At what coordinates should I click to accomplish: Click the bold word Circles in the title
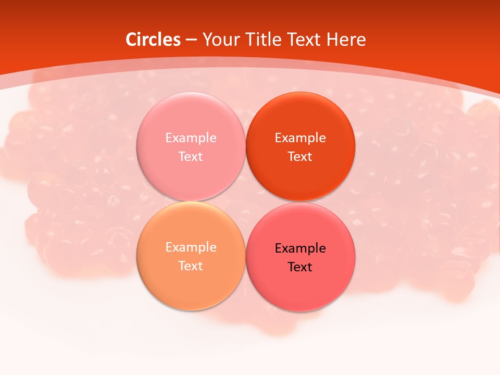point(153,40)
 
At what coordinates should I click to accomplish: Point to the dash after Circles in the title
point(191,40)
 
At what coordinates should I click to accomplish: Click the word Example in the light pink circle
point(191,138)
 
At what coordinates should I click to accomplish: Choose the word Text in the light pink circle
point(191,157)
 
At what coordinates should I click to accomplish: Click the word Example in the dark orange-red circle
point(300,138)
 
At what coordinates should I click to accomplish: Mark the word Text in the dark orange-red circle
point(300,157)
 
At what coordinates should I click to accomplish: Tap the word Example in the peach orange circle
point(191,247)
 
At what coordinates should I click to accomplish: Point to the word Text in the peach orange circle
point(191,266)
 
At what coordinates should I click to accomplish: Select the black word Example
point(300,248)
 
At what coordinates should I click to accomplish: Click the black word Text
point(300,267)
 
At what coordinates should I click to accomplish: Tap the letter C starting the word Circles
point(131,40)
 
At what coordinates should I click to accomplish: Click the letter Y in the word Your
point(207,40)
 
